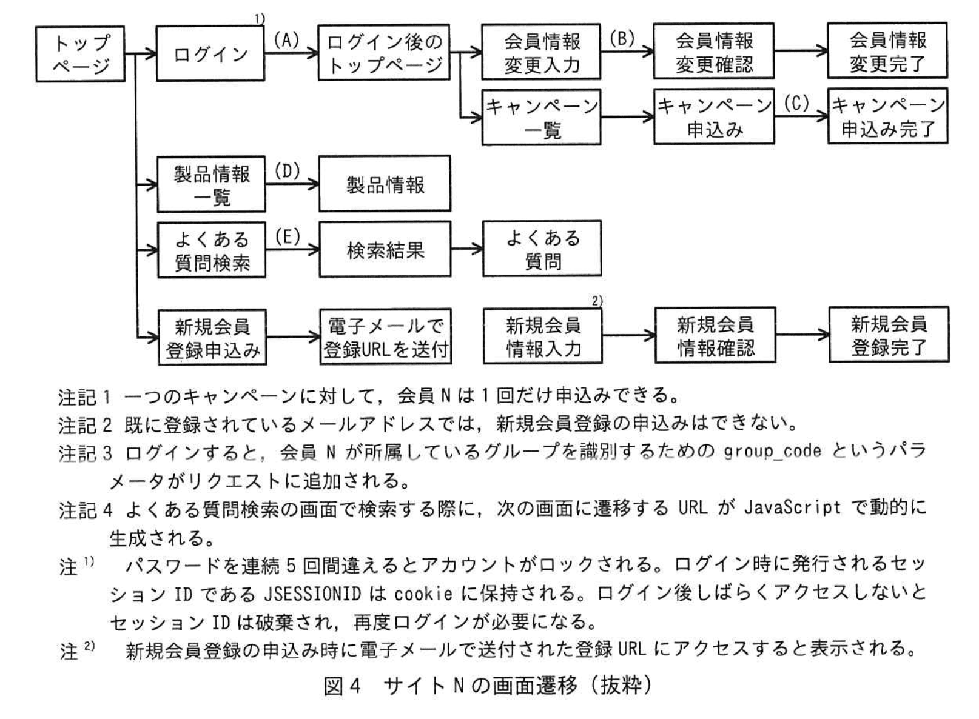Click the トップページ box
[x=80, y=53]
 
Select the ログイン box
[x=210, y=53]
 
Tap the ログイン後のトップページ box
[x=384, y=53]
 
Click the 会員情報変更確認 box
[x=713, y=52]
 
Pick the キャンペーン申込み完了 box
[x=887, y=116]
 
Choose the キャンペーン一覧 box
[x=541, y=118]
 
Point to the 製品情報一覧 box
[x=211, y=184]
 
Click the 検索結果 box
[x=385, y=250]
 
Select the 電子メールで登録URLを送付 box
[x=386, y=337]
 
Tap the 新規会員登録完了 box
[x=889, y=335]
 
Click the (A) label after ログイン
[x=286, y=40]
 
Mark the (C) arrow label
[x=796, y=103]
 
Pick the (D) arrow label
[x=287, y=171]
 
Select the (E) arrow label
[x=288, y=236]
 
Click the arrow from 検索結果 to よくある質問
[x=466, y=249]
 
